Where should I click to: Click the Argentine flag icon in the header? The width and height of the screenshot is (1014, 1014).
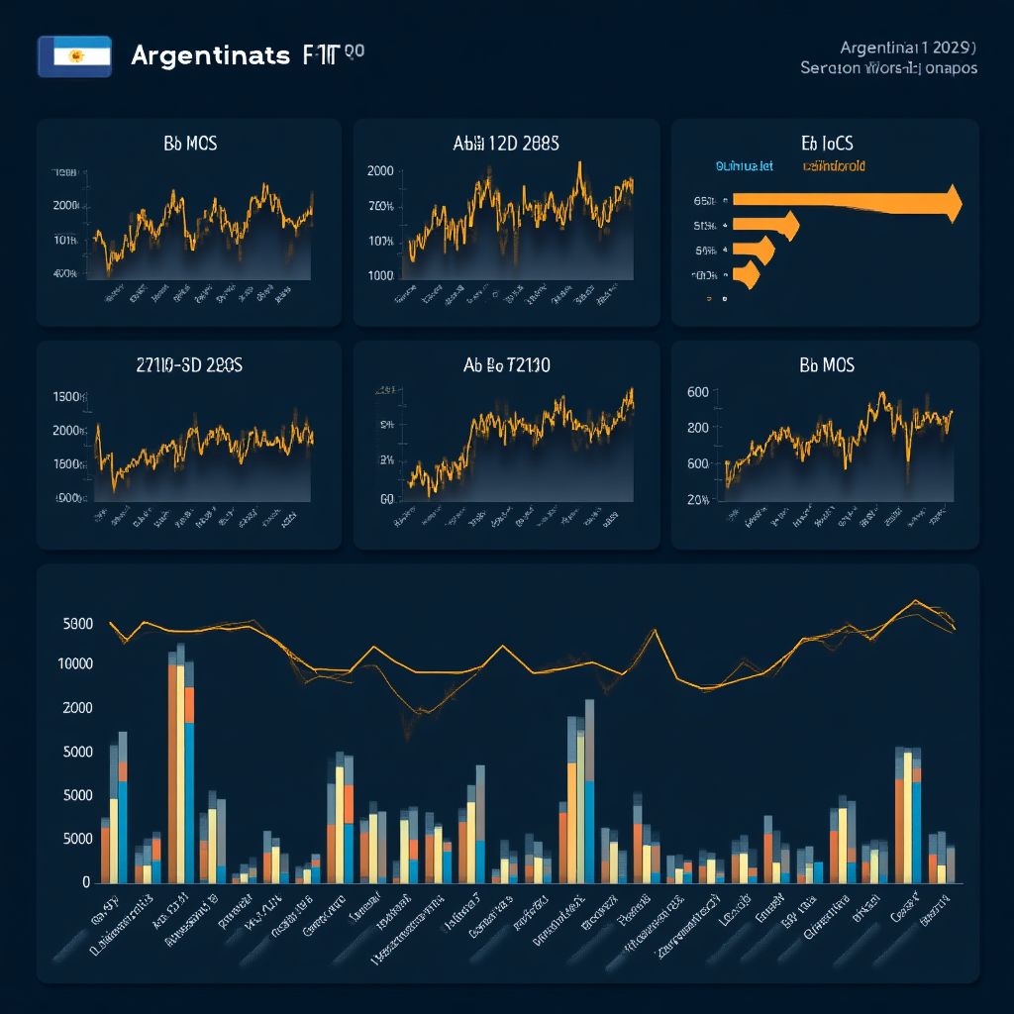(74, 56)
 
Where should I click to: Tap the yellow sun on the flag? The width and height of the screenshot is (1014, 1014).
(74, 57)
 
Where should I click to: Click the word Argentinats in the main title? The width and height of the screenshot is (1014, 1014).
(210, 55)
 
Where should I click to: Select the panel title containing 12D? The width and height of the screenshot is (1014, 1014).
(505, 144)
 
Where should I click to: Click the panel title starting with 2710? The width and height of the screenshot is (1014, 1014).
(188, 364)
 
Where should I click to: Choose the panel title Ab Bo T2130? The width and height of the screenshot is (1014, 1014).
(507, 364)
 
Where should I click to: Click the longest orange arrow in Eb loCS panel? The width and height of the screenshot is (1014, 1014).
(847, 202)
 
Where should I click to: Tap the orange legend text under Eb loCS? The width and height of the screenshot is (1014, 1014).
(834, 166)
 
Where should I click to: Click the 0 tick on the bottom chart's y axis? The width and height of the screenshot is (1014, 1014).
(86, 881)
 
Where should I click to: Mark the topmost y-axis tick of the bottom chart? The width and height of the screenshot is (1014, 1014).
(77, 624)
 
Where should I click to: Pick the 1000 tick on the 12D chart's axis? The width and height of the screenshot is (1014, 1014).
(380, 276)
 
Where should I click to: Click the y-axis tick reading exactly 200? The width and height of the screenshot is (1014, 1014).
(697, 428)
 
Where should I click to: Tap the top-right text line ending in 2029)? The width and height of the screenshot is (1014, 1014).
(909, 48)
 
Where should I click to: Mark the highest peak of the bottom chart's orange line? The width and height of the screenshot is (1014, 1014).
(915, 601)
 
